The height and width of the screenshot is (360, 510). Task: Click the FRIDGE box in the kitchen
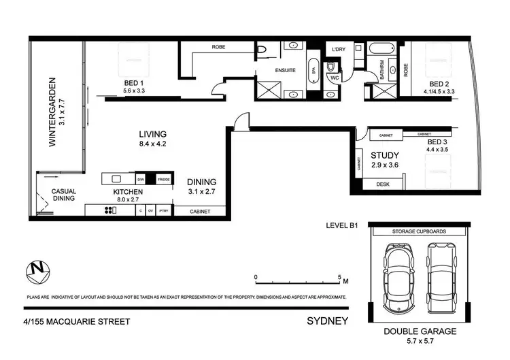[164, 179]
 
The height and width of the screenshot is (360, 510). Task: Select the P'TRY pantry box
[164, 211]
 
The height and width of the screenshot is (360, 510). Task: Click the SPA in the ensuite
[314, 70]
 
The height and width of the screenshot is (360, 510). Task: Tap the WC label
[334, 78]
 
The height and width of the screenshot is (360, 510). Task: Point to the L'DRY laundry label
[339, 50]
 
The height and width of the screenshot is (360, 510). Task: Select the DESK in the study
[383, 184]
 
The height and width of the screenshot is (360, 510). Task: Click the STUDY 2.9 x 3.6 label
[386, 160]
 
